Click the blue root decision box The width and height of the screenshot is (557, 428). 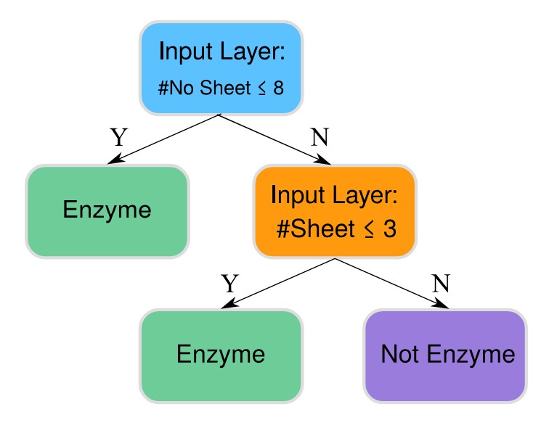click(221, 67)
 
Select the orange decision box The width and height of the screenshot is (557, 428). click(335, 211)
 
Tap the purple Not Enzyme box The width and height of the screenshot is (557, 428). click(444, 355)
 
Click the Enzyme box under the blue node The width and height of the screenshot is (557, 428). click(107, 211)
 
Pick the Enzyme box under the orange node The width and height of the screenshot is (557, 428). click(221, 355)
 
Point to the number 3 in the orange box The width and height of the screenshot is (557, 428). click(389, 229)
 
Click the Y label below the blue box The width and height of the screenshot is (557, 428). click(118, 136)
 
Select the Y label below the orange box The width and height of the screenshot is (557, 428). click(230, 282)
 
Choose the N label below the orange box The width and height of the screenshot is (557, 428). click(438, 282)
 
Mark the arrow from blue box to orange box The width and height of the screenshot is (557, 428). click(276, 139)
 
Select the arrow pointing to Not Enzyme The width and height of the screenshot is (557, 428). click(392, 284)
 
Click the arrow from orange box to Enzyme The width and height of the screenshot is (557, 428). click(279, 284)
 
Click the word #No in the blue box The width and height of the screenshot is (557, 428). click(174, 89)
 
